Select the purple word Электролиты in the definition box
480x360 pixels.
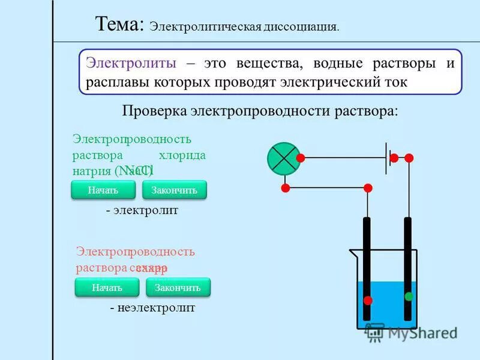click(x=131, y=64)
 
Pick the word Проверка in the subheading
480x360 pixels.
click(x=154, y=112)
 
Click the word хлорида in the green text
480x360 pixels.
click(x=182, y=155)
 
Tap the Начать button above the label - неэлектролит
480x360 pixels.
click(x=107, y=288)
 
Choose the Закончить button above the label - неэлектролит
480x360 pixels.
click(x=178, y=288)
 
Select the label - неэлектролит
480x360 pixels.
click(x=152, y=308)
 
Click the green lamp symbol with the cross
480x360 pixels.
click(x=283, y=158)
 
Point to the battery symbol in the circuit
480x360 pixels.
click(x=387, y=158)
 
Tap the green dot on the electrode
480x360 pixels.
click(x=409, y=296)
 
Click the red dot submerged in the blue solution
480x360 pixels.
click(x=368, y=300)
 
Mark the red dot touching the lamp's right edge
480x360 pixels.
click(x=301, y=158)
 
